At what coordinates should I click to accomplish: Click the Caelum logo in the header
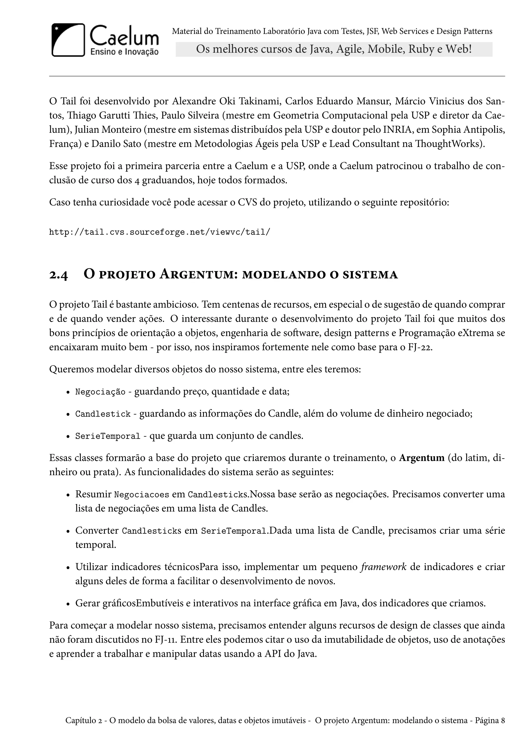click(x=105, y=40)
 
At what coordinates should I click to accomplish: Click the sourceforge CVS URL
click(x=159, y=233)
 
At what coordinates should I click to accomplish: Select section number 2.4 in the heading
click(x=59, y=275)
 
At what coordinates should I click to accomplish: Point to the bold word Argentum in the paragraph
click(x=421, y=458)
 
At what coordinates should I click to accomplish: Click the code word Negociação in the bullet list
click(x=100, y=392)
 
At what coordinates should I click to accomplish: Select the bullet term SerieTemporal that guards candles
click(x=108, y=436)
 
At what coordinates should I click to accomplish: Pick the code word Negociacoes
click(x=141, y=495)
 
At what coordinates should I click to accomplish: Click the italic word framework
click(x=383, y=567)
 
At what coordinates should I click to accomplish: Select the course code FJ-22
click(x=420, y=347)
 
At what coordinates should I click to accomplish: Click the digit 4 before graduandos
click(x=137, y=181)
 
